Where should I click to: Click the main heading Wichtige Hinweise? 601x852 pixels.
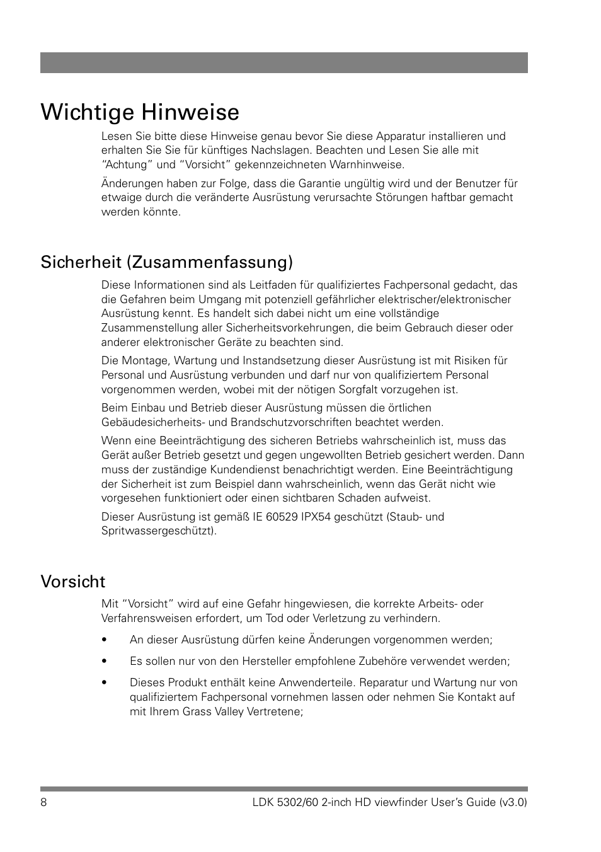tap(140, 112)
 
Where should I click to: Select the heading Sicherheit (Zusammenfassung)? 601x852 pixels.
tap(166, 262)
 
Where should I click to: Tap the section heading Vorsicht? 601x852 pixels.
tap(73, 581)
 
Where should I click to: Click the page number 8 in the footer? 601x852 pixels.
tap(44, 803)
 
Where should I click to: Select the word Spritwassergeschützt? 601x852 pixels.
tap(157, 531)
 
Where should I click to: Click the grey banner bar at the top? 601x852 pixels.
tap(283, 63)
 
